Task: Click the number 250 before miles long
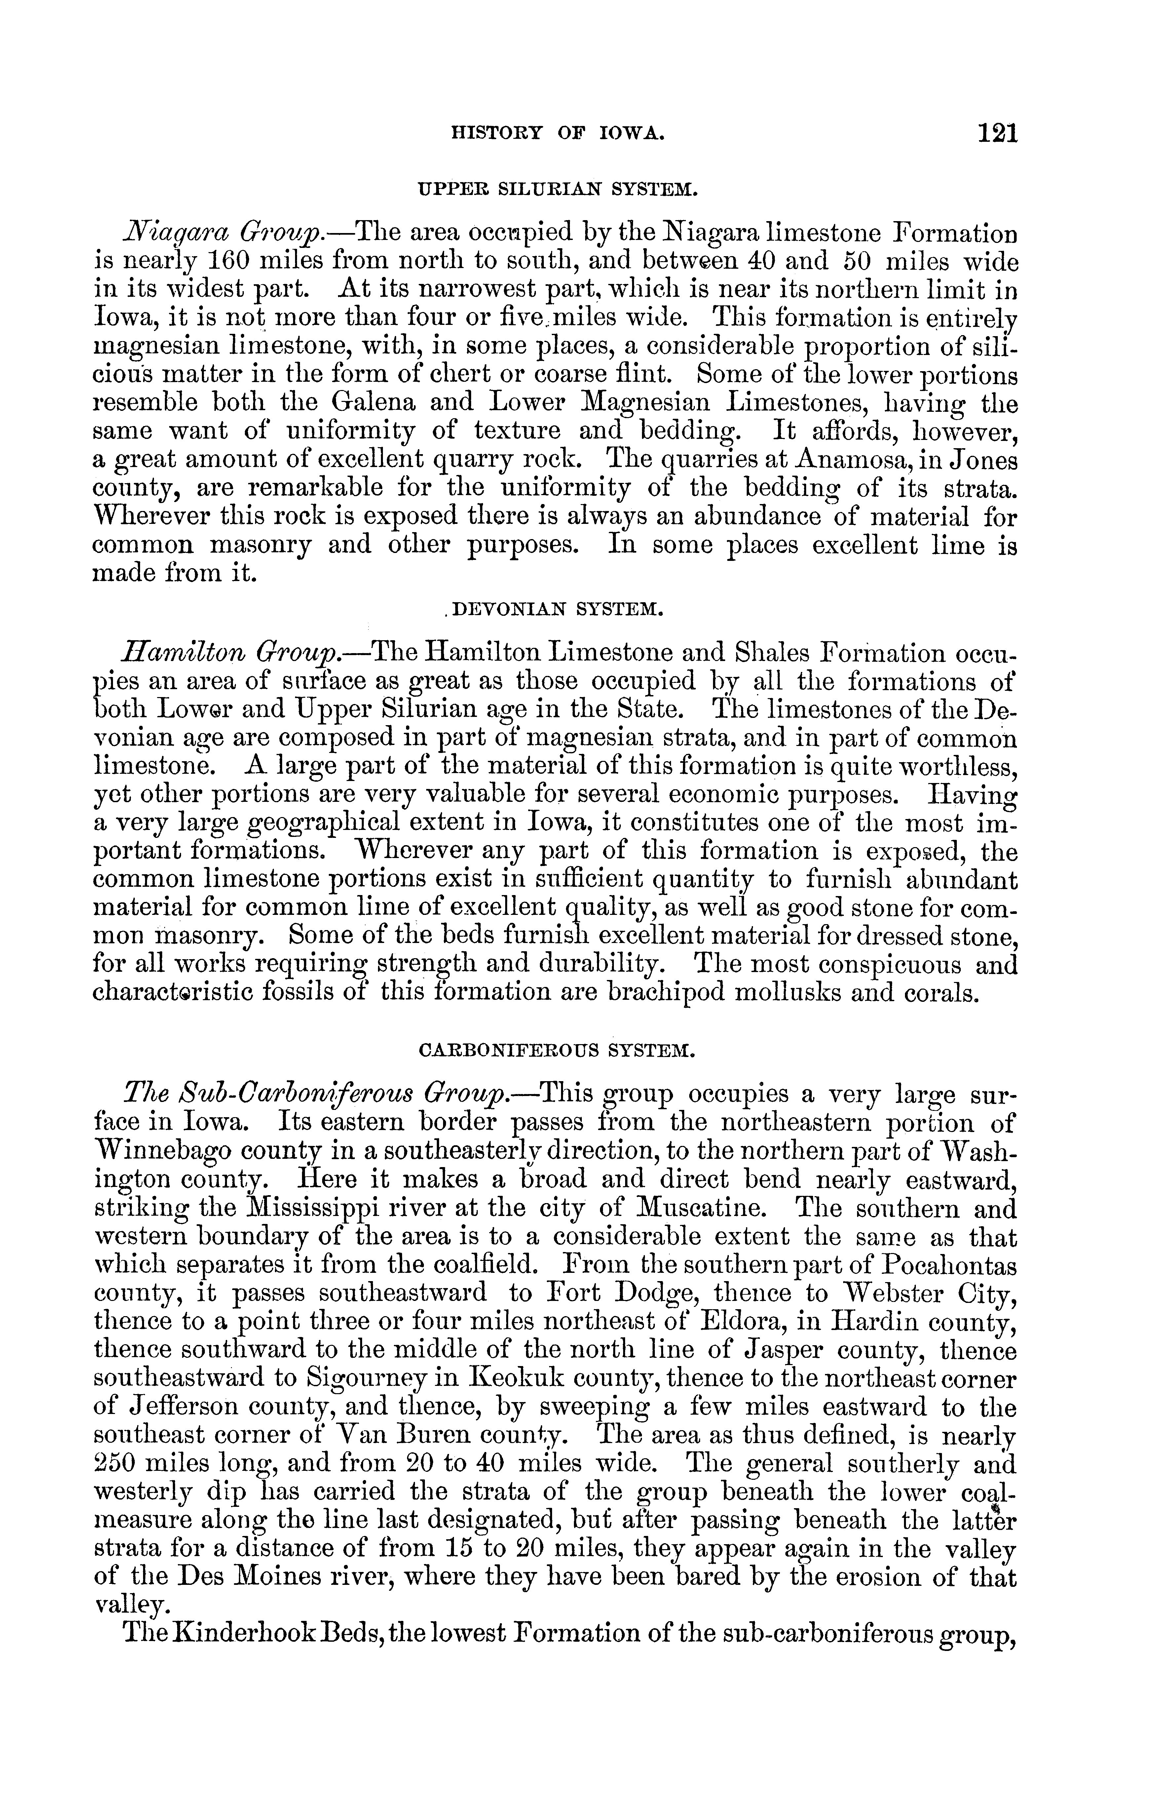click(x=114, y=1464)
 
